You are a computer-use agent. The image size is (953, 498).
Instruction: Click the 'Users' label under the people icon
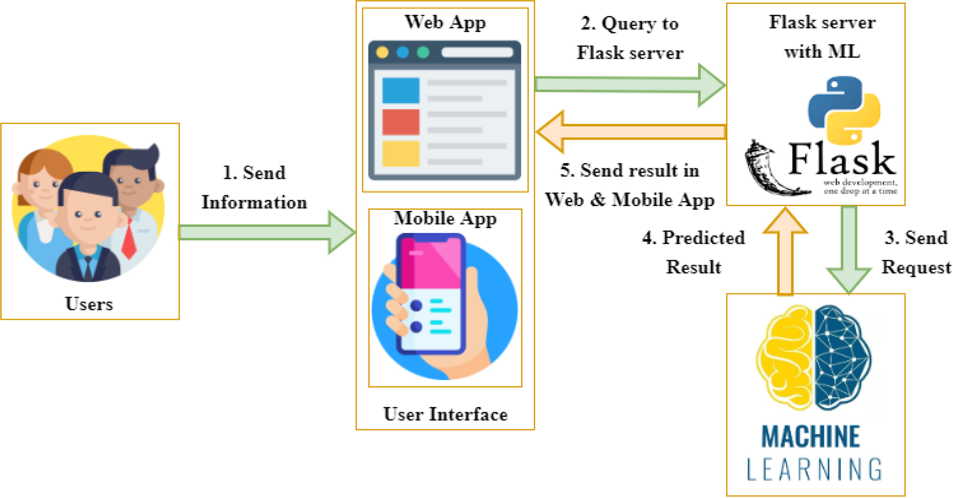(x=89, y=304)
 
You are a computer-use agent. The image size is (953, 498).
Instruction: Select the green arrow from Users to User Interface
(x=266, y=233)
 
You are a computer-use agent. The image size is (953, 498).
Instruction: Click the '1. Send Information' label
(x=254, y=187)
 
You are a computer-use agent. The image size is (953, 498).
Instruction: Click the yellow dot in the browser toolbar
(x=382, y=52)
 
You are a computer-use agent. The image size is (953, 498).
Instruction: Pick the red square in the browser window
(x=401, y=122)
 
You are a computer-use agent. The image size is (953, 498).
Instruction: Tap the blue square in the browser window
(x=401, y=90)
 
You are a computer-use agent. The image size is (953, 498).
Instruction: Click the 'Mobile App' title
(x=445, y=218)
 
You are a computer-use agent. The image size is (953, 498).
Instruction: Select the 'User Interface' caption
(x=445, y=414)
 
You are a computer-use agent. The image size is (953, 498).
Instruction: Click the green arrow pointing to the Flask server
(x=629, y=85)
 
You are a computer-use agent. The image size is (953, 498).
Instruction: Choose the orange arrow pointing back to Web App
(x=629, y=132)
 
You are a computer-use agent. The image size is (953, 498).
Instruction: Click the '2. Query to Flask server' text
(x=630, y=38)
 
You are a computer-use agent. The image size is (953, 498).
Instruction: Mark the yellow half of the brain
(x=786, y=357)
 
